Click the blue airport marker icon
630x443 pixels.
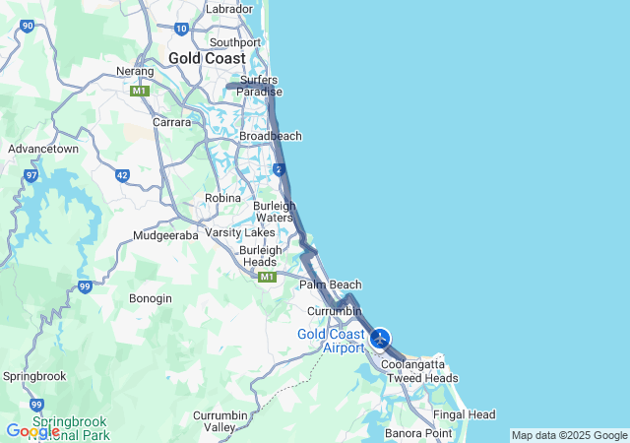381,338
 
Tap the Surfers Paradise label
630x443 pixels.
259,86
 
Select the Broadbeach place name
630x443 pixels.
271,136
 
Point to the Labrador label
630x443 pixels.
229,9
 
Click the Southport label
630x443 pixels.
235,42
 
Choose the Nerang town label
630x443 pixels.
135,72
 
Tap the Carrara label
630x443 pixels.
170,122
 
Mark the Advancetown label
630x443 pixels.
43,149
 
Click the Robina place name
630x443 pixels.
222,198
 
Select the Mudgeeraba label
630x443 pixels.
165,236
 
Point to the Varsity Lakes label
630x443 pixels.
240,232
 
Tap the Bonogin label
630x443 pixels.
151,298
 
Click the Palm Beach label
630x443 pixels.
331,285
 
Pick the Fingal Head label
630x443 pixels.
465,414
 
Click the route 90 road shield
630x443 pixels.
28,27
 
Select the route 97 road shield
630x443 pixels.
31,175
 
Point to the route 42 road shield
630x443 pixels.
122,175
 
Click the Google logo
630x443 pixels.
31,431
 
